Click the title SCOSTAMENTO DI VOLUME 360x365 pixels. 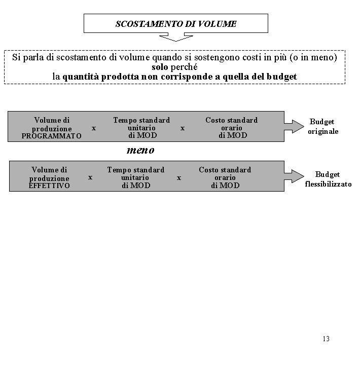coord(176,24)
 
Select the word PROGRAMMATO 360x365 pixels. coord(51,136)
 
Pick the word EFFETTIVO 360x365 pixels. coord(49,186)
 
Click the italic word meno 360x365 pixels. coord(140,150)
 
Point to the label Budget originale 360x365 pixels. coord(322,127)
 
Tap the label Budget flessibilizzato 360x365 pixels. coord(328,179)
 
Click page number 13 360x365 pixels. coord(326,339)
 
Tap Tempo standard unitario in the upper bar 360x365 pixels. coord(141,128)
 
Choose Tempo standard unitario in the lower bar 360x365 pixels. coord(135,177)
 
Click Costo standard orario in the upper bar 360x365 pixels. coord(232,128)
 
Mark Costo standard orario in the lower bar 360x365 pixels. coord(225,177)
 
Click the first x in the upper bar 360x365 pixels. coord(94,128)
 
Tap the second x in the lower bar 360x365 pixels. coord(178,178)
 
